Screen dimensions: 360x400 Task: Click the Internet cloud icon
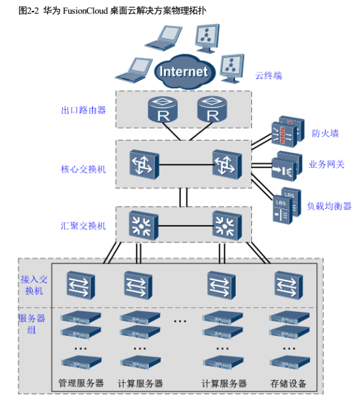184,72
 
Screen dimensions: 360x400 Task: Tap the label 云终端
268,76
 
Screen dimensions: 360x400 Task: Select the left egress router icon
163,109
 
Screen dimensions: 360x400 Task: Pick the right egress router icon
212,109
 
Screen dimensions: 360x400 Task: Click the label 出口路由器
83,110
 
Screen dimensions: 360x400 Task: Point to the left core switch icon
144,165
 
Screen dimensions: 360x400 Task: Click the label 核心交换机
83,169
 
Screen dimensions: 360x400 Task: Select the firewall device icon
288,132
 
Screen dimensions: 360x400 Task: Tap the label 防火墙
325,133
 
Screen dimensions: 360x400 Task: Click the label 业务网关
327,165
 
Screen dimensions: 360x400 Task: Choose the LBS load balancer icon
287,206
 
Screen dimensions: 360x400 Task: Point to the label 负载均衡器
329,206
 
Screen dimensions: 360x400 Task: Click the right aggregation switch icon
227,225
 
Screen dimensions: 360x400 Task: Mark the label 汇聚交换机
83,226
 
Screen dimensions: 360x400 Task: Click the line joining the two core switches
186,165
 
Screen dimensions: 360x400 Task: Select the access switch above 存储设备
289,285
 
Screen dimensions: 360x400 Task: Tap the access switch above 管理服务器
81,285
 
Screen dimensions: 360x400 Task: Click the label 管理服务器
81,383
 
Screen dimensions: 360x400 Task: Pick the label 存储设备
288,384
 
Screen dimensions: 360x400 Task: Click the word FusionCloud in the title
85,11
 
